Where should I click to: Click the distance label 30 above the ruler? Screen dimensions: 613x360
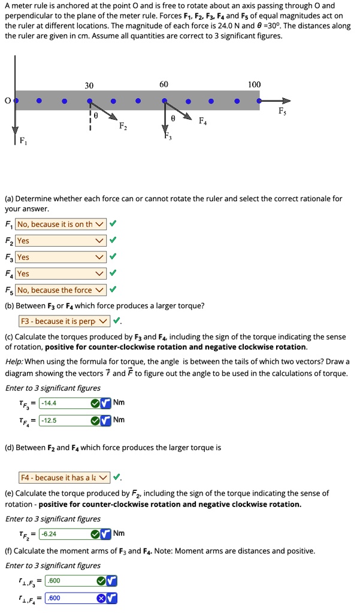tap(89, 85)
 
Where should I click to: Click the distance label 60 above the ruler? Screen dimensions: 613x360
tap(164, 85)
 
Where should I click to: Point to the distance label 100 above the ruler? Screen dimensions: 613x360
tap(254, 85)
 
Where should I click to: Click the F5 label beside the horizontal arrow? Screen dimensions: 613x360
tap(282, 112)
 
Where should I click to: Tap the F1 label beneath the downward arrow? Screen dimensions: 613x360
tap(23, 142)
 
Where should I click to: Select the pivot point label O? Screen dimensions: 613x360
tap(7, 101)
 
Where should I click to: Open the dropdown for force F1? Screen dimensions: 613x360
tap(61, 224)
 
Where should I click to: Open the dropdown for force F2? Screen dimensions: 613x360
tap(61, 241)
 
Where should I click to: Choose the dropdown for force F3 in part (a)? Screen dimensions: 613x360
tap(61, 257)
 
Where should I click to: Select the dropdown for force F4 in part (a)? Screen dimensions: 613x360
tap(61, 274)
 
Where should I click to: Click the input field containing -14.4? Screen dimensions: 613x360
tap(62, 403)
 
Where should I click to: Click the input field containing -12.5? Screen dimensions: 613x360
tap(62, 420)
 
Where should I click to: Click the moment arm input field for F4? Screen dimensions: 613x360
tap(69, 598)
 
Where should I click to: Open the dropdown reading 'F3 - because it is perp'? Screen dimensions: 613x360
tap(65, 321)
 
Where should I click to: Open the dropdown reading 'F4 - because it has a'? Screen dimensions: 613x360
tap(65, 478)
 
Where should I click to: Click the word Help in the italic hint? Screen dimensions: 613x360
tap(14, 362)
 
